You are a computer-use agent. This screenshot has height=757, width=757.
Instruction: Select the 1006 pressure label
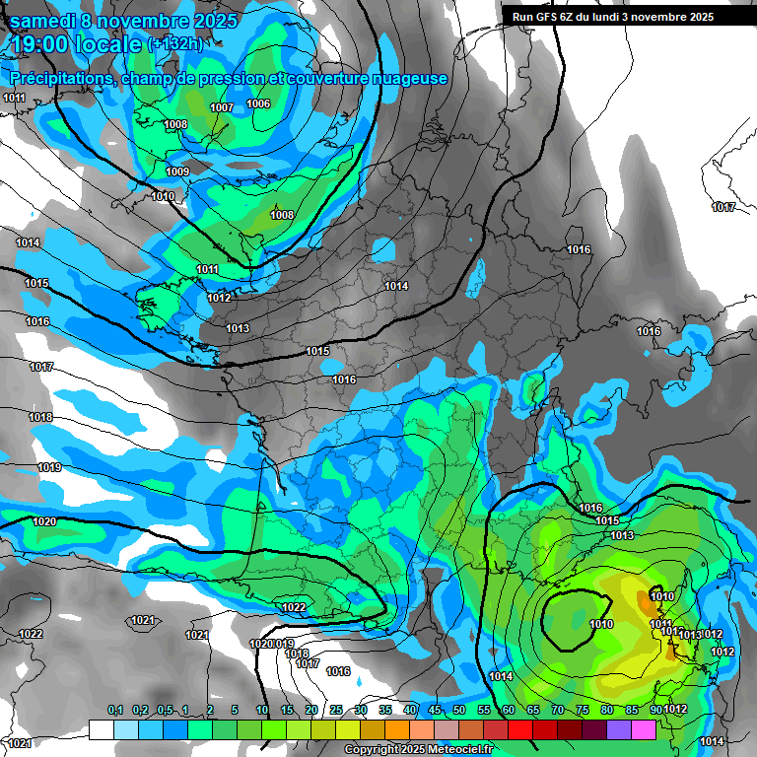258,103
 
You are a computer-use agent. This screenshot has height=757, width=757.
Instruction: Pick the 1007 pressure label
222,107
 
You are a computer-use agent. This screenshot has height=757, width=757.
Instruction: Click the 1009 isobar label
177,172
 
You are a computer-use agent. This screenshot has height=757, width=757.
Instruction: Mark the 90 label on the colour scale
656,710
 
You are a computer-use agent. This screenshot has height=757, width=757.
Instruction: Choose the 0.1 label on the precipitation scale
114,710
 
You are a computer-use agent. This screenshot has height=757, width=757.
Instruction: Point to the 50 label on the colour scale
459,710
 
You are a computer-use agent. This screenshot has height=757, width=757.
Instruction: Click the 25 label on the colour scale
336,710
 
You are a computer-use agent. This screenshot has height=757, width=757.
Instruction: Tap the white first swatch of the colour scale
102,729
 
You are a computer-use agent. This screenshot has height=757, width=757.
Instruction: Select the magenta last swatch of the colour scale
644,729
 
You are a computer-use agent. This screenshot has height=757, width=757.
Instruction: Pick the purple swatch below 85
619,729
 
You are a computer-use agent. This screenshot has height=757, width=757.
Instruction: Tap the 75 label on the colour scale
583,710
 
